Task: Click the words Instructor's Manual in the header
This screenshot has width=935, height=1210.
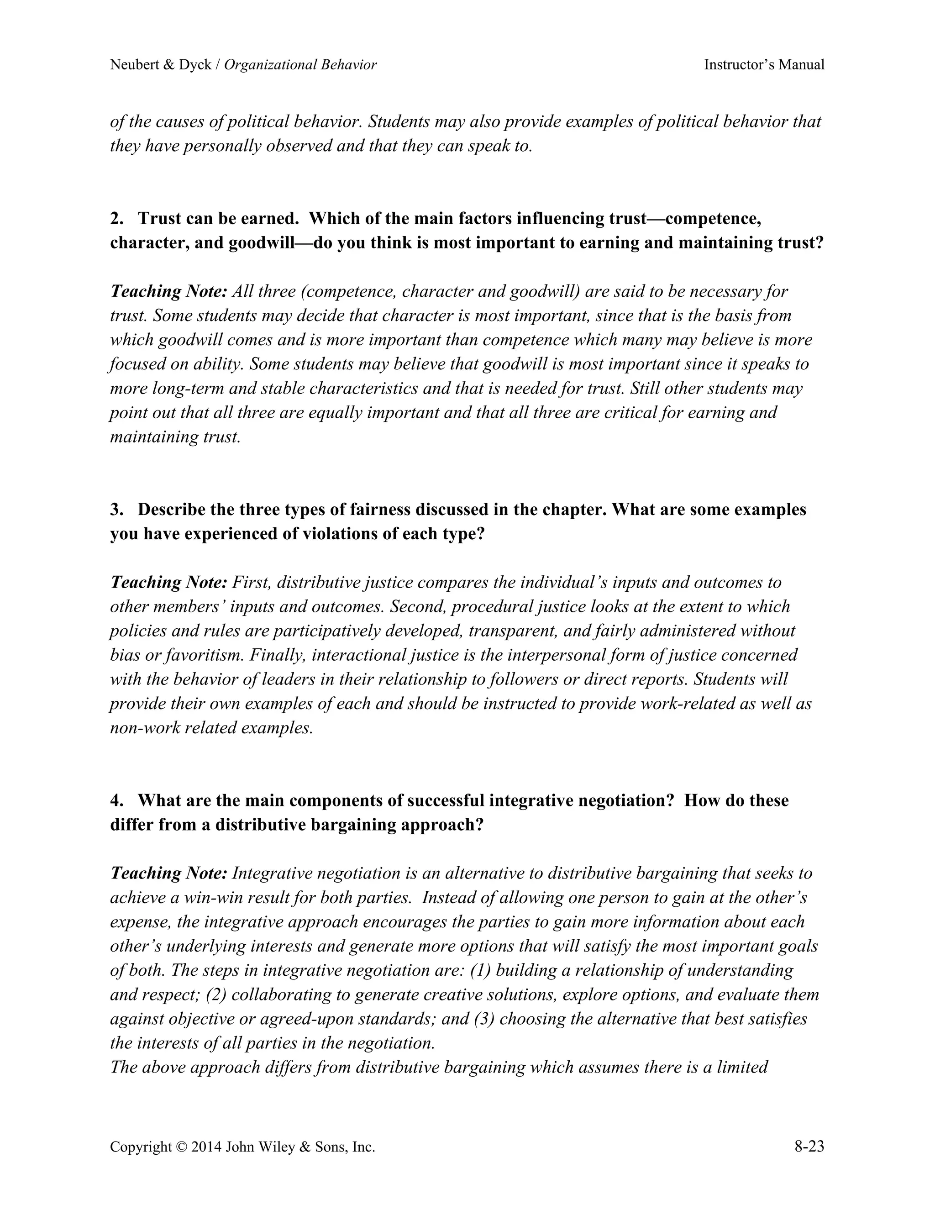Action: tap(764, 65)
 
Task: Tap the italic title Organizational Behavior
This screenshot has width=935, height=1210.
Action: tap(300, 65)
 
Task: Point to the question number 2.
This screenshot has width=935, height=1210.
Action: tap(116, 219)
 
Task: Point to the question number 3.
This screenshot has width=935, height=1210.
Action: tap(116, 510)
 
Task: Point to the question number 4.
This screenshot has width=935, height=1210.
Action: tap(116, 800)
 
